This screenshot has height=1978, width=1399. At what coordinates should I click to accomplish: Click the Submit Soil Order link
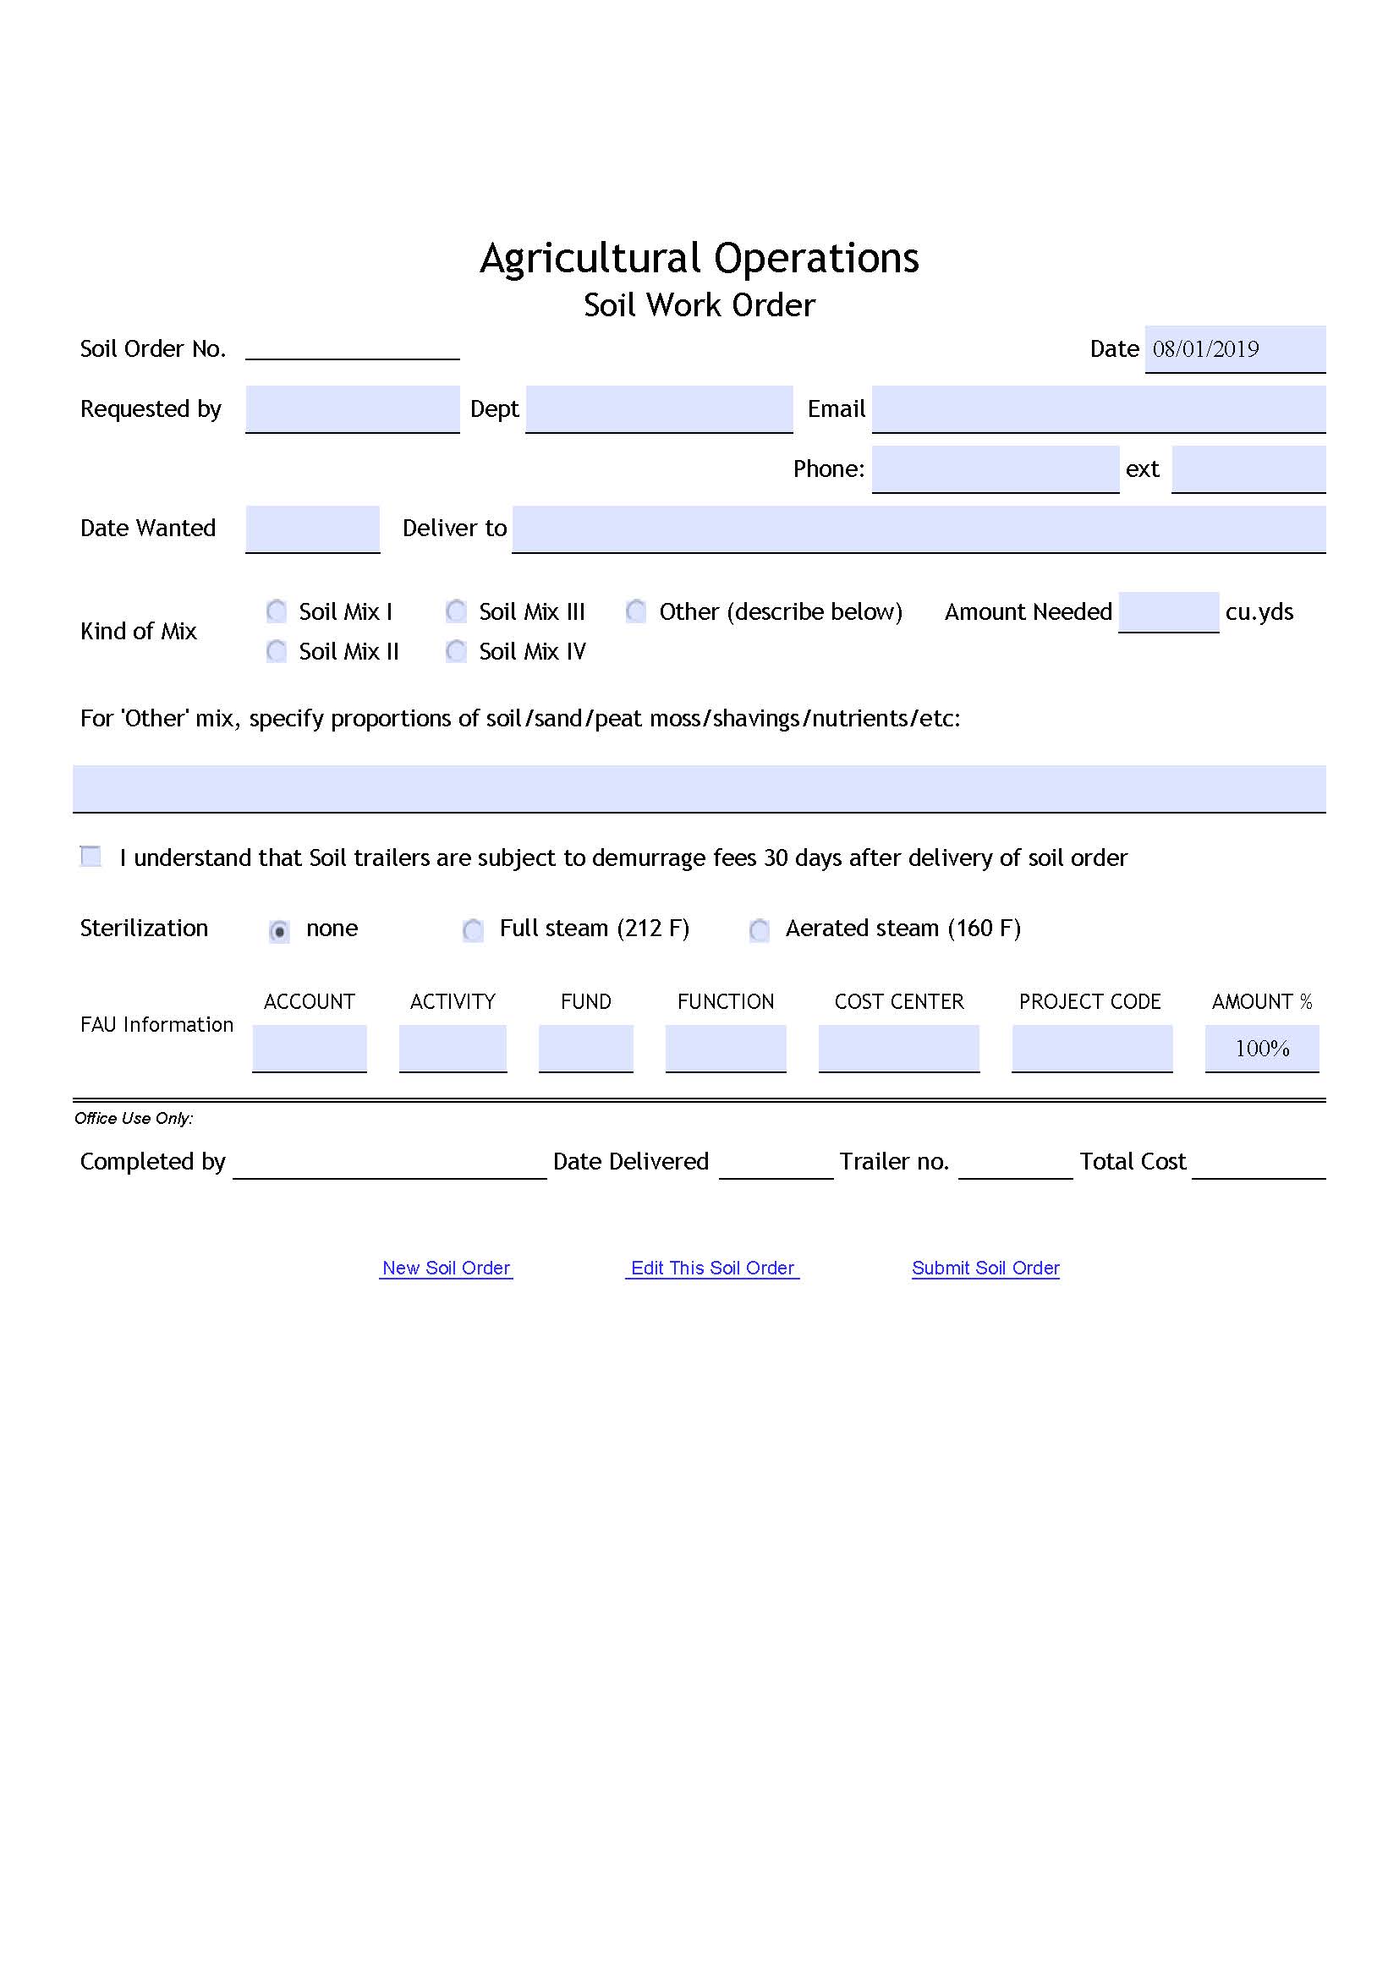point(985,1268)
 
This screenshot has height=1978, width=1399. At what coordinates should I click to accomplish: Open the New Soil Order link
point(447,1268)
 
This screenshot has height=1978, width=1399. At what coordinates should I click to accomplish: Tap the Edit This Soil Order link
point(712,1268)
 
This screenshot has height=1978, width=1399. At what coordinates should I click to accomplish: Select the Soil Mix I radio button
point(277,611)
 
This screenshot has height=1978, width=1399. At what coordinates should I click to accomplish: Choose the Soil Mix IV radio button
point(457,650)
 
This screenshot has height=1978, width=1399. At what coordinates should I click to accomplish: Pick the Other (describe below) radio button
point(637,611)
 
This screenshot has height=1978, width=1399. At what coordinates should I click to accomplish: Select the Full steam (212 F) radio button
point(473,929)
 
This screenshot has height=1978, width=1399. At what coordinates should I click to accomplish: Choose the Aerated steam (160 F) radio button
point(759,929)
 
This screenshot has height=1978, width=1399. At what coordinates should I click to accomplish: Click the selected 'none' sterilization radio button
point(279,930)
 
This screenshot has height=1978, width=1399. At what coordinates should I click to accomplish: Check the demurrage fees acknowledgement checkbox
point(91,857)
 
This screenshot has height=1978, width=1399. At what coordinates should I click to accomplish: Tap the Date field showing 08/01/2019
point(1233,349)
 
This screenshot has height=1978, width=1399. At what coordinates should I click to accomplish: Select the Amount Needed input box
point(1167,611)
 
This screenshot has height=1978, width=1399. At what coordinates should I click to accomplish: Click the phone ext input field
point(1248,468)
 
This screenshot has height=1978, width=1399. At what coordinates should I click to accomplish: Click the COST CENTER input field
point(898,1048)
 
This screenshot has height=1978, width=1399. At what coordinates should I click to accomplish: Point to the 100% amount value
point(1261,1048)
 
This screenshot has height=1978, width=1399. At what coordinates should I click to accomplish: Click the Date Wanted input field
point(312,528)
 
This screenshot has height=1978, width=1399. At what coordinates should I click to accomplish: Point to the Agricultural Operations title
point(699,258)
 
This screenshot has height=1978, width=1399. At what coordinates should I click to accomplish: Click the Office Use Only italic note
point(134,1118)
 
